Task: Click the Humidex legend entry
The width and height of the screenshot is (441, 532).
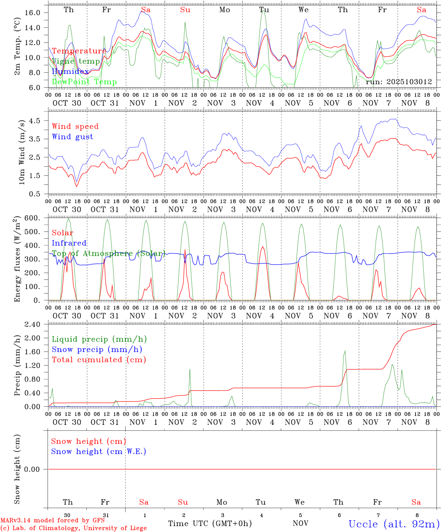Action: click(x=70, y=71)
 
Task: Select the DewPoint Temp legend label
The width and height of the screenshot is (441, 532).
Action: click(x=84, y=82)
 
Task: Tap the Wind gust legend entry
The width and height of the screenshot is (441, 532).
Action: click(x=72, y=137)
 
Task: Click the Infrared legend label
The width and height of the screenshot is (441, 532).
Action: click(x=69, y=243)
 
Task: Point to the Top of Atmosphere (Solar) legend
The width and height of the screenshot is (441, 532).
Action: click(x=108, y=253)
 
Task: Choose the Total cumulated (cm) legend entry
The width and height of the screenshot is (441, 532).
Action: click(x=99, y=359)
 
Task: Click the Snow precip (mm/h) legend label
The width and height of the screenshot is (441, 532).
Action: click(x=97, y=349)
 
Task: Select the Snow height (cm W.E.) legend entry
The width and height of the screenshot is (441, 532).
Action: click(x=99, y=451)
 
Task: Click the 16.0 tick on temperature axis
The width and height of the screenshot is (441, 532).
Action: click(x=32, y=13)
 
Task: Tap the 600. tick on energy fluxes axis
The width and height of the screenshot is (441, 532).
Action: click(x=33, y=218)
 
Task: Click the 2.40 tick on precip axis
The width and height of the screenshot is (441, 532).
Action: click(x=33, y=324)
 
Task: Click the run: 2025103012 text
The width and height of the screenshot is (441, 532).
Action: click(x=399, y=82)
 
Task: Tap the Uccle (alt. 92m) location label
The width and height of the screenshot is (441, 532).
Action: click(x=394, y=524)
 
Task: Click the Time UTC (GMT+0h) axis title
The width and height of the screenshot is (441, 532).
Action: click(x=210, y=524)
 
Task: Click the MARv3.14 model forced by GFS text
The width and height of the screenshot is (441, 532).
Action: click(x=52, y=520)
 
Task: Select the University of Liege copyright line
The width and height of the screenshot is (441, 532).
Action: click(x=73, y=528)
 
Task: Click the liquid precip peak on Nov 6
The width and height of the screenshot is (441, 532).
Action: click(x=345, y=351)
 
